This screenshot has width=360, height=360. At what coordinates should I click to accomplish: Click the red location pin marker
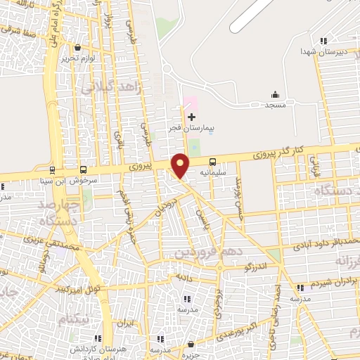(181, 165)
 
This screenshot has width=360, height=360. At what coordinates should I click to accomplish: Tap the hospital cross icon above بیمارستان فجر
(191, 116)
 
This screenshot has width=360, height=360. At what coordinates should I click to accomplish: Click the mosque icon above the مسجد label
(274, 95)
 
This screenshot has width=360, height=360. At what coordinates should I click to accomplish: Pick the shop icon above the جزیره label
(191, 345)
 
